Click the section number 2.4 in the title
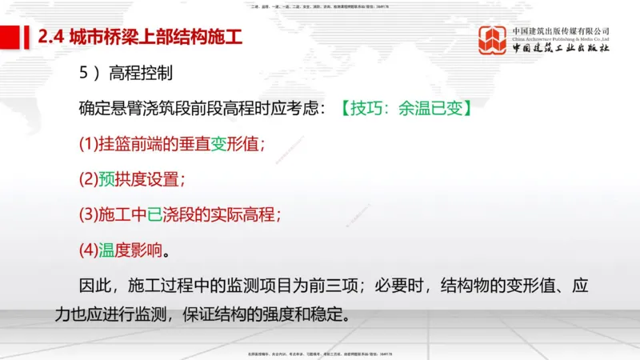pos(53,37)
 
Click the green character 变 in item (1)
pos(219,144)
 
